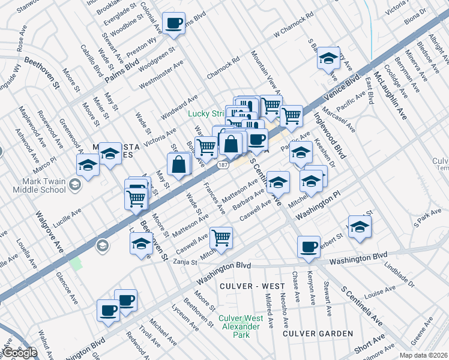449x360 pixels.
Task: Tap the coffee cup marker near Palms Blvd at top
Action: coord(174,24)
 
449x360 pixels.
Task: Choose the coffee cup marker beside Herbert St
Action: coord(309,247)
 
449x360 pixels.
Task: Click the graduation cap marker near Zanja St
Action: coord(141,244)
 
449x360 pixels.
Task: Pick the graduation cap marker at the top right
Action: coord(328,58)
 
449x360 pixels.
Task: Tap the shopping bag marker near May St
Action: coord(179,164)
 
